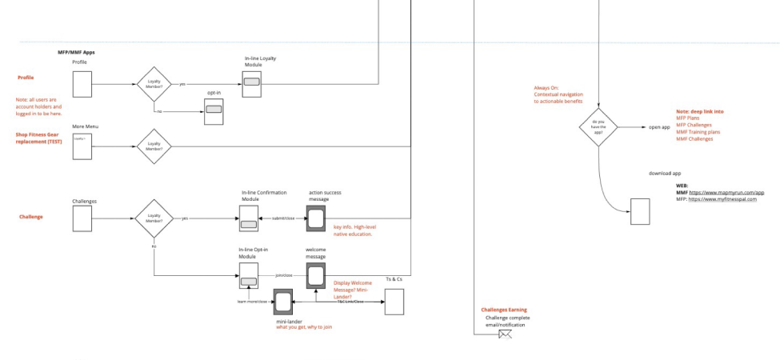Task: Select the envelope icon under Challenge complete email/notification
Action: coord(505,334)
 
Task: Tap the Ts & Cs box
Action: coord(394,302)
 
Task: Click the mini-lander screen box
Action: coord(283,302)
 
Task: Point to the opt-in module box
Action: coord(214,112)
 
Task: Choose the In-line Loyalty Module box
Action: coord(252,83)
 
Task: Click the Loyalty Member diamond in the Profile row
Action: coord(154,83)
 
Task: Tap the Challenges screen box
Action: coord(82,218)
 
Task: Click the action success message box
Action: coord(316,218)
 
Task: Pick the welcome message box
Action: coord(316,274)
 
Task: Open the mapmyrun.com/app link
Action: coord(726,192)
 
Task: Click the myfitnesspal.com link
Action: coord(726,199)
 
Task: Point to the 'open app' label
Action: coord(659,127)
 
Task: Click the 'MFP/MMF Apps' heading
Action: coord(76,52)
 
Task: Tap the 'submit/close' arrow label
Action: coord(284,218)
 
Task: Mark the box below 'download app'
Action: coord(640,211)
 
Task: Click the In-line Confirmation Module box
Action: coord(249,218)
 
